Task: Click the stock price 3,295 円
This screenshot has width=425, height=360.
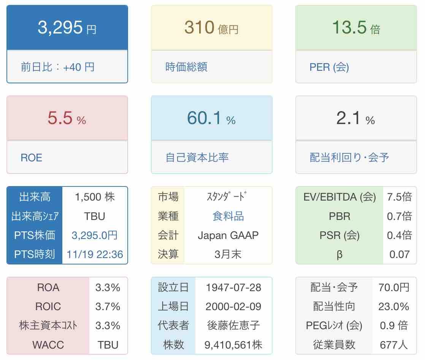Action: click(x=67, y=28)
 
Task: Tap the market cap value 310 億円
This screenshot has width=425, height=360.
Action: click(x=211, y=28)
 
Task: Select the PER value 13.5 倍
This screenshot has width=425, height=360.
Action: click(x=356, y=28)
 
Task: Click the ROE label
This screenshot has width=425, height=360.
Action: click(x=32, y=158)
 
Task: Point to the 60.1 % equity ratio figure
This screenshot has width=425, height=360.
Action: click(x=211, y=118)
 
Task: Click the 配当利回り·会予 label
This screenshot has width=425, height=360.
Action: click(x=349, y=158)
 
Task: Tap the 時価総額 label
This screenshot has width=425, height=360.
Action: click(x=186, y=67)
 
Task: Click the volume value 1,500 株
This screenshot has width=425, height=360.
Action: click(x=95, y=197)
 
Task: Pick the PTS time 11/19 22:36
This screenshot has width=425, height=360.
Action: click(x=95, y=254)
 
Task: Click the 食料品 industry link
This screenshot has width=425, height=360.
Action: click(x=228, y=216)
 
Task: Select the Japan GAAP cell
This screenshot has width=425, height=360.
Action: click(x=228, y=235)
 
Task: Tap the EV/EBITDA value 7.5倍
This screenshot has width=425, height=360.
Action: click(x=399, y=197)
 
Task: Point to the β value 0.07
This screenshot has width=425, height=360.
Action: click(x=399, y=254)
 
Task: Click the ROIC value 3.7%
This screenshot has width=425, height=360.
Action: click(x=108, y=306)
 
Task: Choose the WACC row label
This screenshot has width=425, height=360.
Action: click(x=48, y=345)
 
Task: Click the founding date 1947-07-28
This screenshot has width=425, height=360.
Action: click(x=233, y=287)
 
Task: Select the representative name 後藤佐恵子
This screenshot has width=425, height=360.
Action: click(x=233, y=326)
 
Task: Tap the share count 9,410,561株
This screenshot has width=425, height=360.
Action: click(x=233, y=345)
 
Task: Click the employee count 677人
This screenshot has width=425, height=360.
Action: click(x=394, y=345)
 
